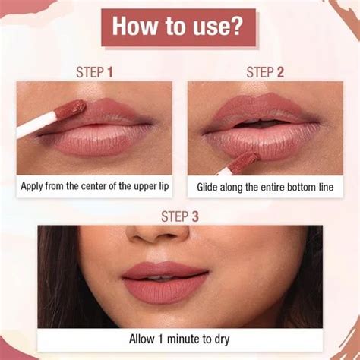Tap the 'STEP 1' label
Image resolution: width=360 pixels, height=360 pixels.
point(95,72)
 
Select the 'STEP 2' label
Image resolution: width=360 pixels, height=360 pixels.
point(264,72)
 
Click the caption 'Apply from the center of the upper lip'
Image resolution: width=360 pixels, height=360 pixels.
point(95,185)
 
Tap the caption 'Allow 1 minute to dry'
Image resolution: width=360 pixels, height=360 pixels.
point(179,339)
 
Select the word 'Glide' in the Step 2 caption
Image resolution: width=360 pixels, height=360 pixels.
point(210,185)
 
